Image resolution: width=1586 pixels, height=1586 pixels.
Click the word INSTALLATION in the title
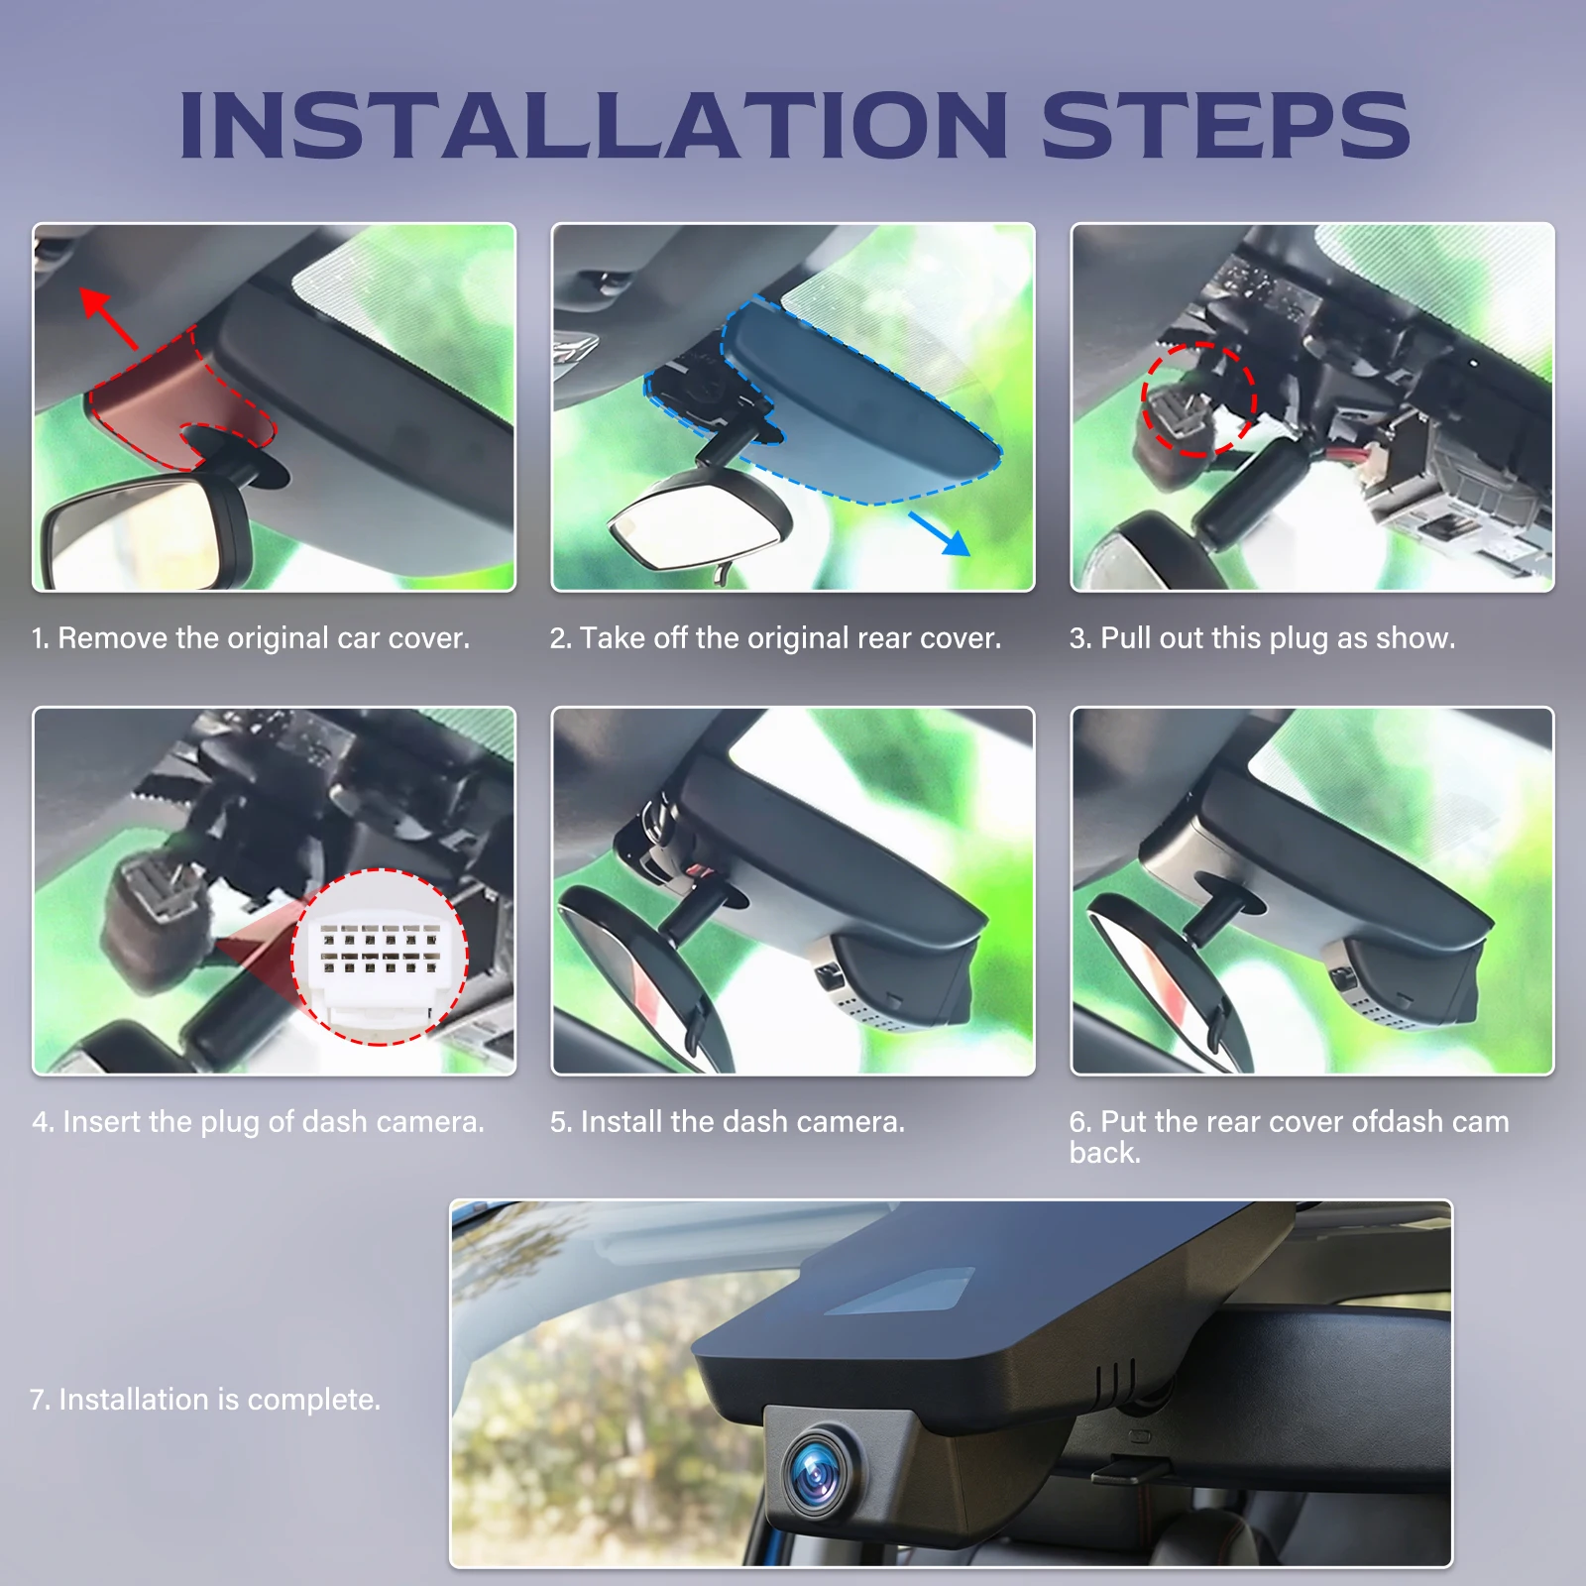(593, 125)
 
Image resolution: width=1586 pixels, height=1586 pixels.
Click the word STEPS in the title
(1225, 125)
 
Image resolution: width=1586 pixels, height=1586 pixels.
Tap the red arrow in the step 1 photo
(108, 317)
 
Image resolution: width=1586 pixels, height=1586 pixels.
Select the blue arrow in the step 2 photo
(940, 533)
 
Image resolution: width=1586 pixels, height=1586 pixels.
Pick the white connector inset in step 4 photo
(381, 957)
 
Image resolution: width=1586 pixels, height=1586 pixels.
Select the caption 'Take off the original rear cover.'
(775, 637)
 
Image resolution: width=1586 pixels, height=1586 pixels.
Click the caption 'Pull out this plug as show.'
(1262, 637)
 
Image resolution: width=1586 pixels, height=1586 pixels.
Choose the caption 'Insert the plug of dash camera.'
(258, 1121)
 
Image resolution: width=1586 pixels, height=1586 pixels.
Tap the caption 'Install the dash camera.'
(728, 1121)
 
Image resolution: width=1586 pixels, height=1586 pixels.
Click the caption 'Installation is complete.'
(205, 1399)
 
